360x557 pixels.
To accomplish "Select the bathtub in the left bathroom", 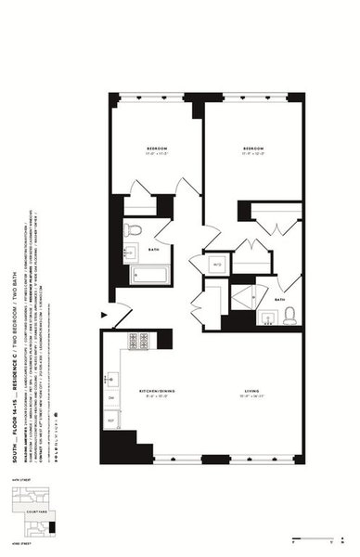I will tap(148, 274).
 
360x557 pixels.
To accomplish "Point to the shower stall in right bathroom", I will tap(247, 297).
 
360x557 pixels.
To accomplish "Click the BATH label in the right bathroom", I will tap(278, 300).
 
